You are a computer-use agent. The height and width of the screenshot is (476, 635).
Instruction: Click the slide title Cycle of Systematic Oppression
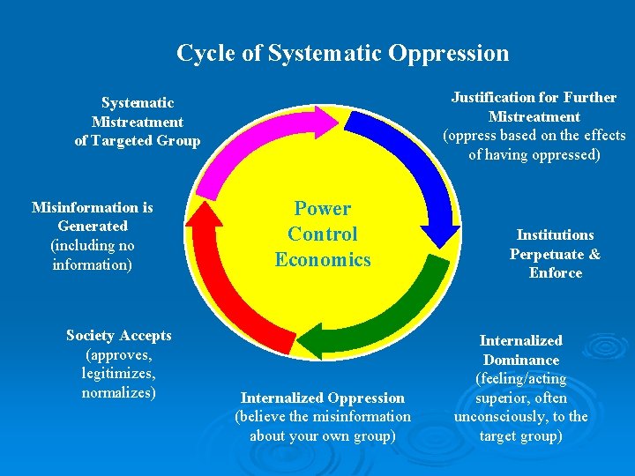[x=342, y=53]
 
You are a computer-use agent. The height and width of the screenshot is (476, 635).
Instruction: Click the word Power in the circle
[x=322, y=209]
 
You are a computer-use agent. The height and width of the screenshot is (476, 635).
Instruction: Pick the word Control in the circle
[x=322, y=234]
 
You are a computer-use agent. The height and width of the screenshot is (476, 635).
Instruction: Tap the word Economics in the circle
[x=322, y=260]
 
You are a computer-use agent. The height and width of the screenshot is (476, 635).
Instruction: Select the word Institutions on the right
[x=555, y=234]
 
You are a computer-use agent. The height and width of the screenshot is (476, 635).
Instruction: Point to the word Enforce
[x=556, y=273]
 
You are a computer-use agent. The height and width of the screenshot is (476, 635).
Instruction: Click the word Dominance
[x=520, y=360]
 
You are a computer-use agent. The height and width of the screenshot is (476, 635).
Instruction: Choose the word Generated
[x=93, y=227]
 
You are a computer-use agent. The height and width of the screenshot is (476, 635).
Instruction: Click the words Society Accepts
[x=119, y=335]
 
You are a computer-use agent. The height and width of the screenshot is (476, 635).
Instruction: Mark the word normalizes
[x=118, y=392]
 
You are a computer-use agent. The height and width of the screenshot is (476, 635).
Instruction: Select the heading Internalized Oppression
[x=323, y=398]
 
